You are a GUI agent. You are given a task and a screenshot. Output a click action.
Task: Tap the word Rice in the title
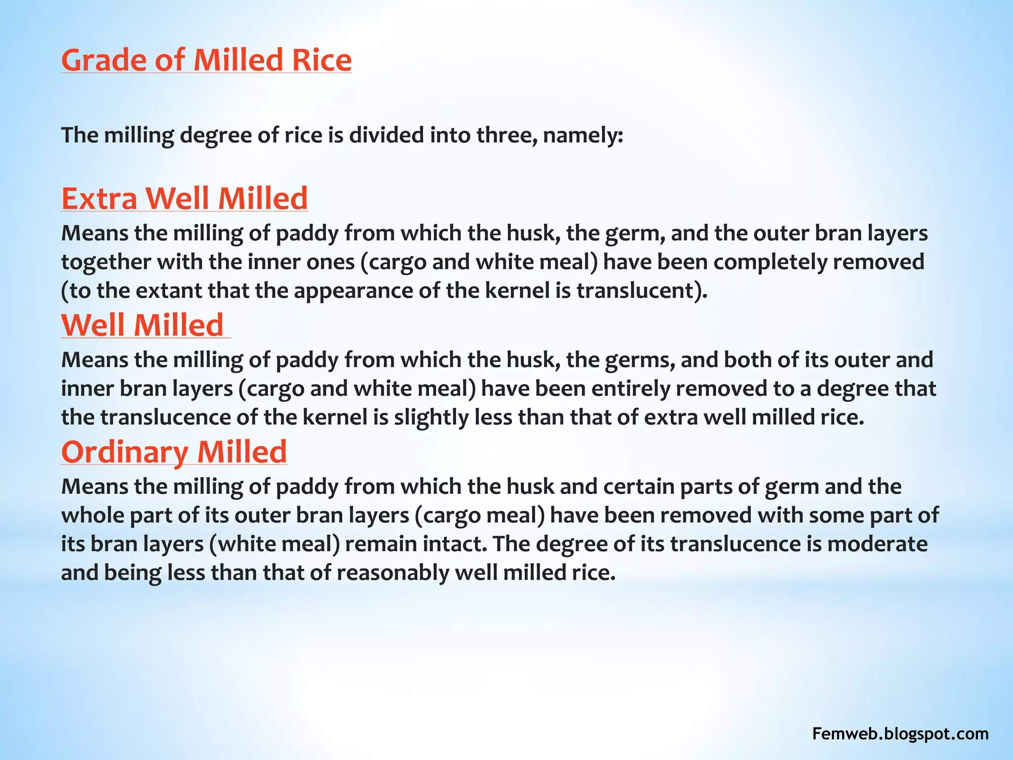322,60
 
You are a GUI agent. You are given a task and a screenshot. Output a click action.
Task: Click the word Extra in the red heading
99,198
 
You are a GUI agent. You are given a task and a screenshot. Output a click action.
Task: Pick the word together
106,262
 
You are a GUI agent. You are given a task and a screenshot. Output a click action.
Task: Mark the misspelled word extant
168,290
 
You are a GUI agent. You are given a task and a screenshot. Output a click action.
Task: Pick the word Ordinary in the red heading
125,452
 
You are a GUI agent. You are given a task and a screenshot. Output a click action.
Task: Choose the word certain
639,486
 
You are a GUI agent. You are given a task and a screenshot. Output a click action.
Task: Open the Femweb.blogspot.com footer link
900,733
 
